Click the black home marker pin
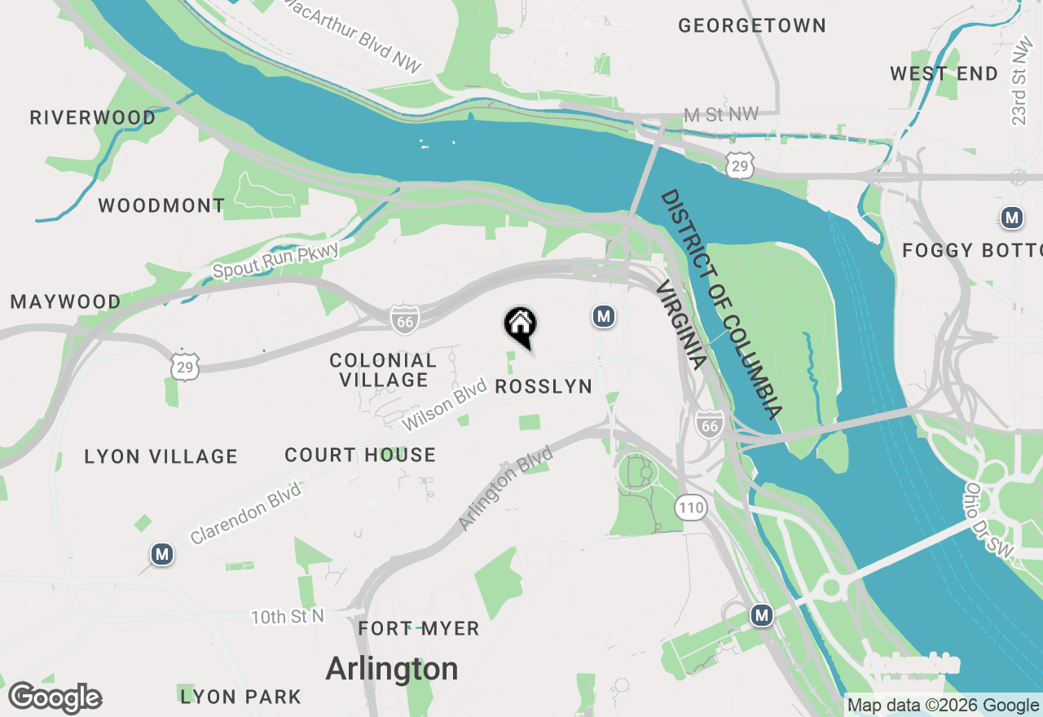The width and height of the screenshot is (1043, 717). [x=520, y=326]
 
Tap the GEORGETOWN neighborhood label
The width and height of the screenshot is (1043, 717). [x=752, y=26]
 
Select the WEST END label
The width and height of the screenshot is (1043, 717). [x=944, y=74]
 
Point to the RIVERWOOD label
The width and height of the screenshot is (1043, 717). [x=93, y=118]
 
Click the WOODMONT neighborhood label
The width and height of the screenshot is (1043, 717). [x=161, y=205]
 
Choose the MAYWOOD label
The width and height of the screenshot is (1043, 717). [x=65, y=302]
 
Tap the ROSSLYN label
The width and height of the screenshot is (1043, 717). [x=544, y=386]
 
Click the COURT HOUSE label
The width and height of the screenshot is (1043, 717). [x=360, y=455]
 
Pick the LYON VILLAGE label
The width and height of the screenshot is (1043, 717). [x=161, y=457]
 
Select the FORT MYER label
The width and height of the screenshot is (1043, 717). [x=419, y=629]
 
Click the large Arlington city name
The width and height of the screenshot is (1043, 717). [x=392, y=669]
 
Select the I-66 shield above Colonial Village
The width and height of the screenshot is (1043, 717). [x=405, y=320]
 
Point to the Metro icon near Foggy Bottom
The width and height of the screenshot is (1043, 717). [x=1012, y=218]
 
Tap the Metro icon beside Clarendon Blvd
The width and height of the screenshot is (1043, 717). [x=162, y=555]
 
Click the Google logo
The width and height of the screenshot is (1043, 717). [x=55, y=698]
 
